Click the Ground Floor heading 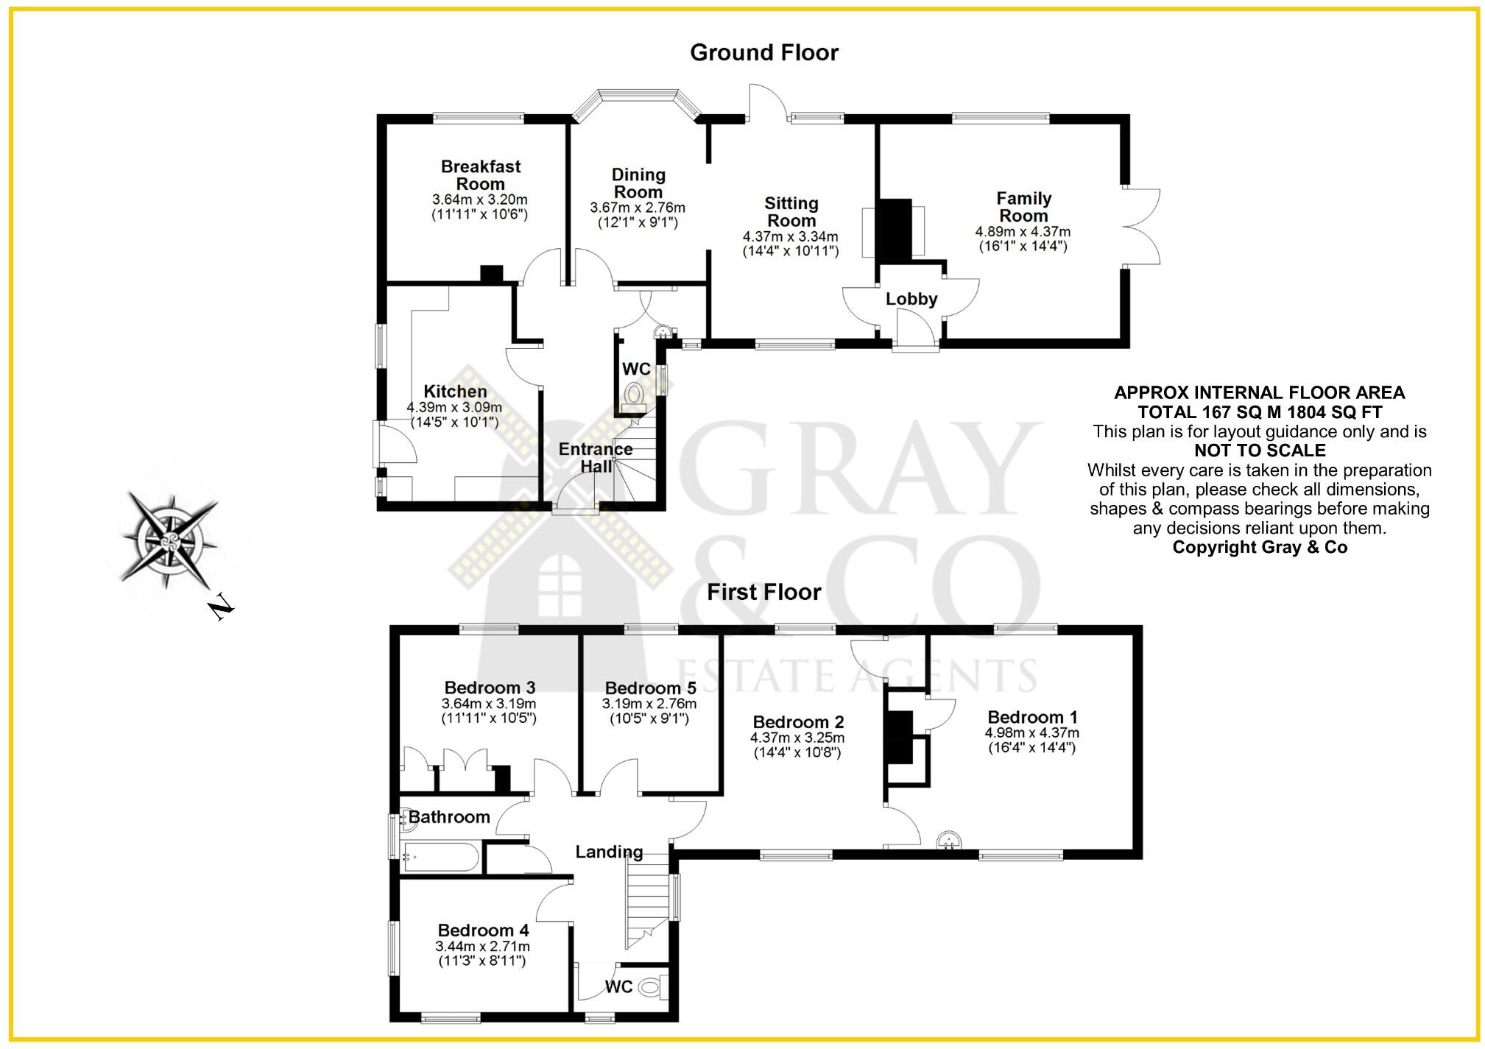tap(763, 53)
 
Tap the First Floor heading tap(763, 593)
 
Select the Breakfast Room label tap(481, 175)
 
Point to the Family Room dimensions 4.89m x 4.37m tap(1023, 232)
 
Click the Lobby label tap(911, 299)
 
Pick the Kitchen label tap(455, 392)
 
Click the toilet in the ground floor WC tap(634, 397)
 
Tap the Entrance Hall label tap(596, 457)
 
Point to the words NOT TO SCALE tap(1260, 451)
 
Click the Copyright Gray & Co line tap(1260, 547)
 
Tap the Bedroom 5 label tap(650, 688)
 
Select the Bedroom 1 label tap(1032, 717)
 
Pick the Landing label tap(609, 852)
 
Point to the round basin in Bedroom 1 tap(950, 839)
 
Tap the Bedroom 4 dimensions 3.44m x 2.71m tap(482, 947)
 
